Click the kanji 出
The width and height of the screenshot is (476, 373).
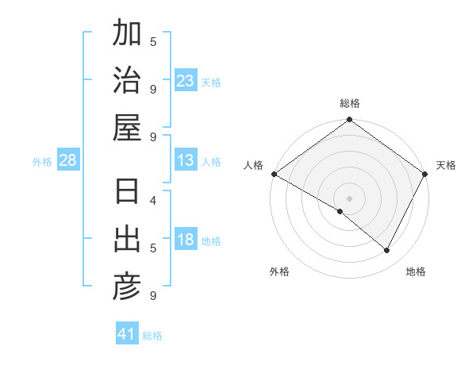click(x=127, y=240)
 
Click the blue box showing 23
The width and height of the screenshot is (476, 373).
click(x=186, y=81)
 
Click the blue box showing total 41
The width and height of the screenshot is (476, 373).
click(x=127, y=334)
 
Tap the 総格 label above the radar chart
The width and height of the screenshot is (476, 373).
click(x=350, y=103)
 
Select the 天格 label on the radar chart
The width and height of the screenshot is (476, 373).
click(x=446, y=165)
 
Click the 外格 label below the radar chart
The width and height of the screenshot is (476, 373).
click(x=279, y=271)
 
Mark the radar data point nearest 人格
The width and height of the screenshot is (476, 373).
click(x=274, y=174)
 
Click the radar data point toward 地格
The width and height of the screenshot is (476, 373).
click(x=387, y=250)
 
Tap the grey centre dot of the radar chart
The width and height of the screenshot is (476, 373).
click(x=350, y=198)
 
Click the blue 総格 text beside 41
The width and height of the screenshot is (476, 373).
click(x=152, y=336)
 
